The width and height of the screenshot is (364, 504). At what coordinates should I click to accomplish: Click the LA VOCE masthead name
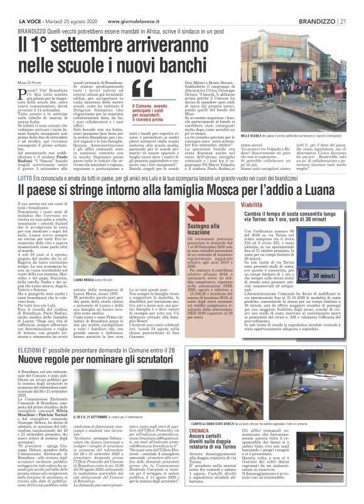pyautogui.click(x=29, y=6)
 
